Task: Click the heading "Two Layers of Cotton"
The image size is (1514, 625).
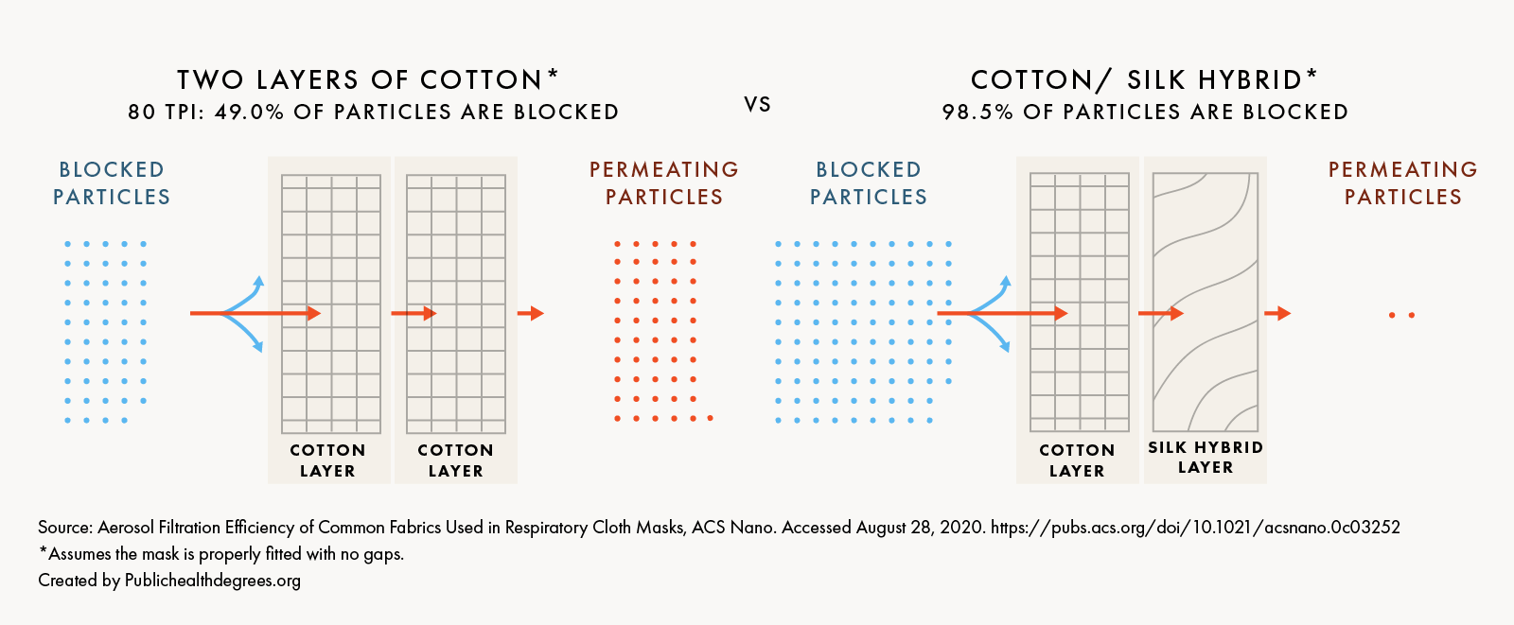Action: coord(360,79)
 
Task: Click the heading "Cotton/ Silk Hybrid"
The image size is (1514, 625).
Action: coord(1136,79)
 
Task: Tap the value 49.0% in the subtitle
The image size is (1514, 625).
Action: coord(249,112)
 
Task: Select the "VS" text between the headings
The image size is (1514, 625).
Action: coord(758,104)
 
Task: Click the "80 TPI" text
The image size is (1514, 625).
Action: coord(165,112)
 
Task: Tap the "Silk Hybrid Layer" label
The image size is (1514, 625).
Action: coord(1206,457)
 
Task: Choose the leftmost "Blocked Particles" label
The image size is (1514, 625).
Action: coord(112,182)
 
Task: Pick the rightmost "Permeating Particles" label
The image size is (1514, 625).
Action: coord(1402,182)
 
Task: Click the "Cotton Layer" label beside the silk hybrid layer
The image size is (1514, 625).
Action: coord(1077,460)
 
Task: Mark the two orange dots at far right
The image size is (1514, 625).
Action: coord(1401,315)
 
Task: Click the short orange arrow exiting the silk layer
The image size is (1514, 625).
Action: coord(1277,313)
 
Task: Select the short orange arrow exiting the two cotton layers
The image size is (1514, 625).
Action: coord(531,313)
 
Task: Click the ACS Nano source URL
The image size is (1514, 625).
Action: coord(1195,527)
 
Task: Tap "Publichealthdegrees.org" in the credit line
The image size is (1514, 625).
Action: coord(213,580)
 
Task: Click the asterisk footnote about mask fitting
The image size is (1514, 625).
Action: coord(221,553)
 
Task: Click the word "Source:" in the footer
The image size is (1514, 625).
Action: coord(65,527)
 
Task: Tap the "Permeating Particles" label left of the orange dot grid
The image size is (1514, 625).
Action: coord(663,182)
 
